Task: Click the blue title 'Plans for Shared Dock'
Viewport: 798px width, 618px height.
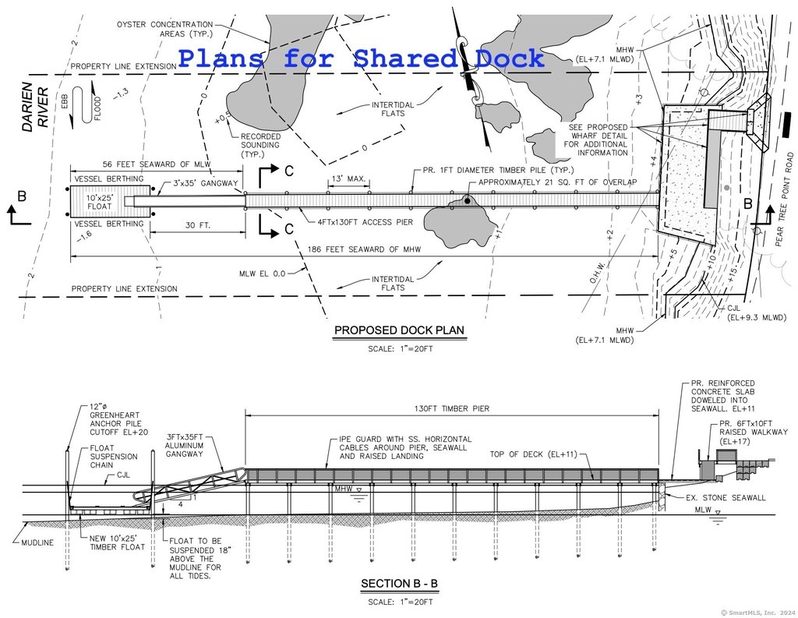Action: [362, 58]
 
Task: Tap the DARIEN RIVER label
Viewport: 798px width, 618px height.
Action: [36, 107]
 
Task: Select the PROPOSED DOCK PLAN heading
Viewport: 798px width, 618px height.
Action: [400, 330]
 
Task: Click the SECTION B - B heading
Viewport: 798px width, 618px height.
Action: [400, 584]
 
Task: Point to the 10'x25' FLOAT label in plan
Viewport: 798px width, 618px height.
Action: [99, 202]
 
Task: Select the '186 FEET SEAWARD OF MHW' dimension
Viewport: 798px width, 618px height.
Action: [364, 249]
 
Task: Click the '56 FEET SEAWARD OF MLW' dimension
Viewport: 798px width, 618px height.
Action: [157, 164]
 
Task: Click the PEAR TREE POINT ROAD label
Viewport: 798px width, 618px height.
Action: [784, 200]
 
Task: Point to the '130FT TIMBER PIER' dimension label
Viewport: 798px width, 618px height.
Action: [451, 408]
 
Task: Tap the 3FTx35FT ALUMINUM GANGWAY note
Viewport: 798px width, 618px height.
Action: [184, 446]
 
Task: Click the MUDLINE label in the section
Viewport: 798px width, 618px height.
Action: [37, 542]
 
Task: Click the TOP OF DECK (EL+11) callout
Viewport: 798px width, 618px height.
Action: [533, 454]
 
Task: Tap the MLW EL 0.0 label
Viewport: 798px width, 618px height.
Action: [262, 274]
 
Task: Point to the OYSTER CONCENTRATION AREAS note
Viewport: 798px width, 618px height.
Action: [165, 29]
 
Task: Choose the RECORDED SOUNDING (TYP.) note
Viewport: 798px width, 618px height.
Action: [260, 145]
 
